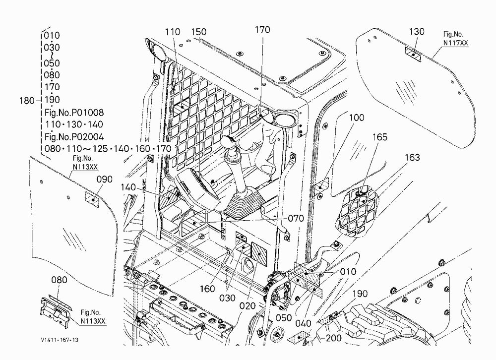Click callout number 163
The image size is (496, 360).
412,157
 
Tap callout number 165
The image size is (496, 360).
379,137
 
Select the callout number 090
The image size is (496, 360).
104,179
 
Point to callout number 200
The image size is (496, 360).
333,338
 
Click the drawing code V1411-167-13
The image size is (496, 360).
60,340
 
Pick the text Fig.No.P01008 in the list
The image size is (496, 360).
74,112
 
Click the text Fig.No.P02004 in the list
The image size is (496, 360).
74,137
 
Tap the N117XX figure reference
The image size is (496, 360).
455,43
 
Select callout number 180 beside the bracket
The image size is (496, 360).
27,101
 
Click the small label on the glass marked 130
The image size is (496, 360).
413,54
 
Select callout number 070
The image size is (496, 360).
296,218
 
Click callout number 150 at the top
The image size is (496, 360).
199,32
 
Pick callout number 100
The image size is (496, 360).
357,118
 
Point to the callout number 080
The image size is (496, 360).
59,280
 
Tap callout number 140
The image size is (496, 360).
128,187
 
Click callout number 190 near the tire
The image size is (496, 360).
360,294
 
